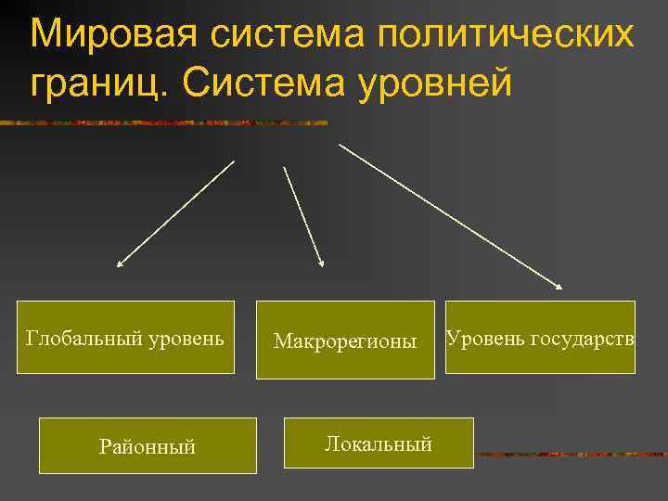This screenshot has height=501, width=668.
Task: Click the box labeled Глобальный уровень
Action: click(125, 337)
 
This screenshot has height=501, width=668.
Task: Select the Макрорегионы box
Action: click(345, 340)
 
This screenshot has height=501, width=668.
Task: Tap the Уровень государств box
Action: click(540, 337)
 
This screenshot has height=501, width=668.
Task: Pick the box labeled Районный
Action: click(148, 445)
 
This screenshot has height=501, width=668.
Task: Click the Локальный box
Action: click(378, 443)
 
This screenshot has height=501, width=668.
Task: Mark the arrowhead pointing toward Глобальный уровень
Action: click(121, 263)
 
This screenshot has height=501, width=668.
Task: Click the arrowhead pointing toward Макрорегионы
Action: click(321, 263)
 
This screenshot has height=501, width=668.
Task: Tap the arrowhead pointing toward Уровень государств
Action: click(559, 286)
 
